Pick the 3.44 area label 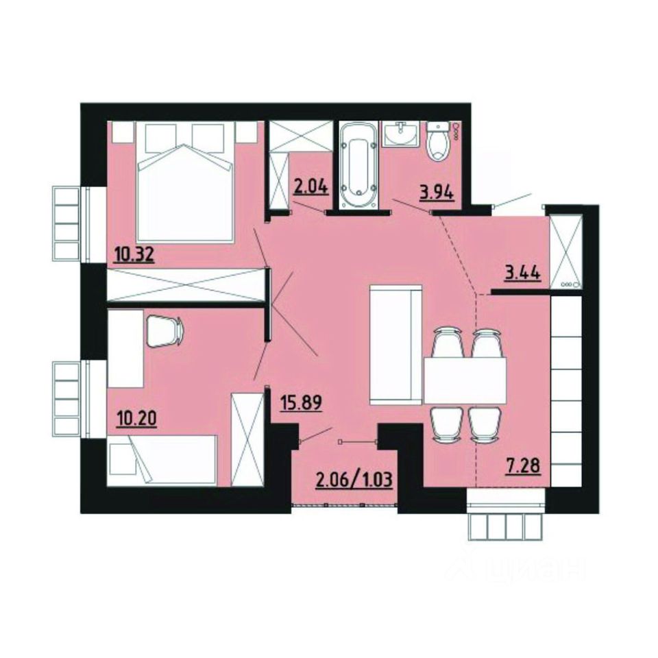pos(523,272)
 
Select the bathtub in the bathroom pos(358,164)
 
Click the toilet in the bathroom pos(437,142)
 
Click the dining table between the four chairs pos(465,381)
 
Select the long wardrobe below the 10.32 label pos(186,284)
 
